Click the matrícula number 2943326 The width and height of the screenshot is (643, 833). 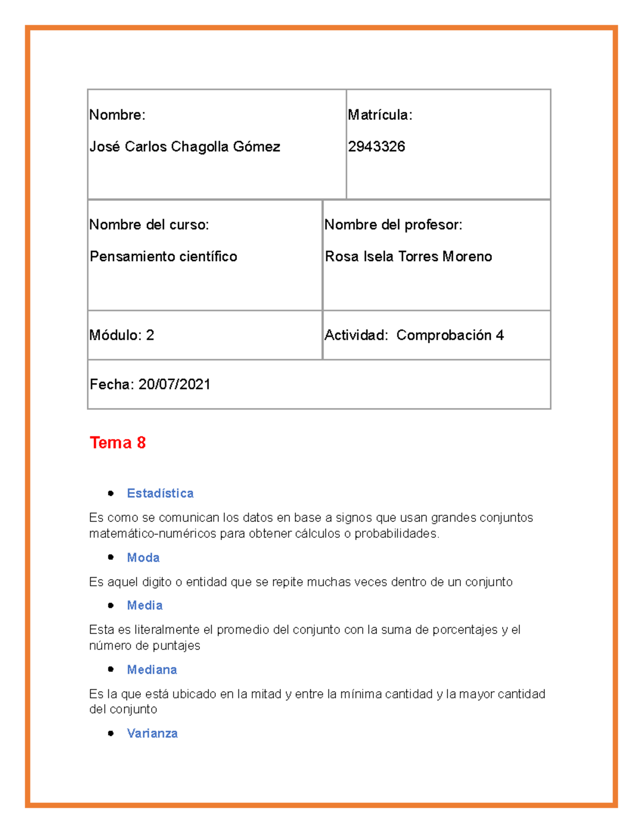tap(376, 146)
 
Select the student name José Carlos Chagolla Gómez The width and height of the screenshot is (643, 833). tap(184, 146)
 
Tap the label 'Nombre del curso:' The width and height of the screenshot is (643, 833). tap(149, 225)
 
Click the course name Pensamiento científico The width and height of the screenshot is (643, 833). tap(163, 256)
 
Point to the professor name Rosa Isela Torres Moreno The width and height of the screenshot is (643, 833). tap(408, 256)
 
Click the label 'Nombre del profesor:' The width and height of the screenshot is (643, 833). tap(393, 225)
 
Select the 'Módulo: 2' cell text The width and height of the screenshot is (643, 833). tap(122, 335)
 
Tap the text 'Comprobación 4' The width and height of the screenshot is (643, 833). tap(450, 335)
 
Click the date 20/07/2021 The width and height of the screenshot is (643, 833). tap(174, 385)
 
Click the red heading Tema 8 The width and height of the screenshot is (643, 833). tap(118, 443)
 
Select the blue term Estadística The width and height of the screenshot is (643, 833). tap(160, 493)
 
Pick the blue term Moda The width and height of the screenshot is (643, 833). tap(143, 558)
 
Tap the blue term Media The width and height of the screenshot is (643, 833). tap(145, 606)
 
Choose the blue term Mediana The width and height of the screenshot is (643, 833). tap(152, 670)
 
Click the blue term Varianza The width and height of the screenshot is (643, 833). tap(152, 733)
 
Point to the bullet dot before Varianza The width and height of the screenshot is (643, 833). tap(111, 733)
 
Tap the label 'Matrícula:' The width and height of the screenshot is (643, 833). tap(380, 115)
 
